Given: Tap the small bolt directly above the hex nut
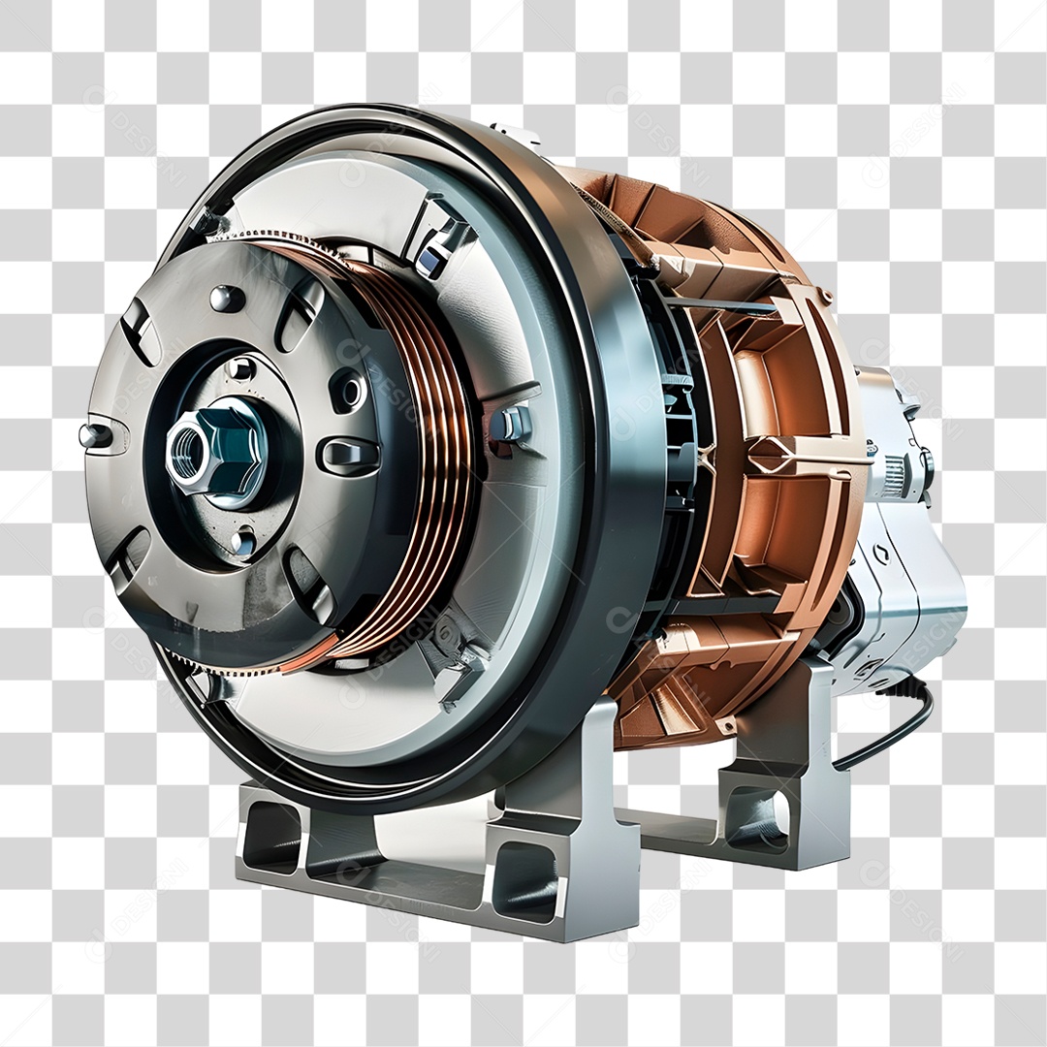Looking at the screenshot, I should point(240,367).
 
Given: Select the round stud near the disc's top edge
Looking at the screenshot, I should point(226,297).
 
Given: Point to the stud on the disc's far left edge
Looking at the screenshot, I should point(94,435).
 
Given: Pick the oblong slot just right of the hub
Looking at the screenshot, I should point(348,455).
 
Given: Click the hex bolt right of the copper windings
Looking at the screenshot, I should point(511,424).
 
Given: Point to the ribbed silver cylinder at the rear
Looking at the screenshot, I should point(898,475).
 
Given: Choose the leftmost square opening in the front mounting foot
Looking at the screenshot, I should point(269,837).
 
